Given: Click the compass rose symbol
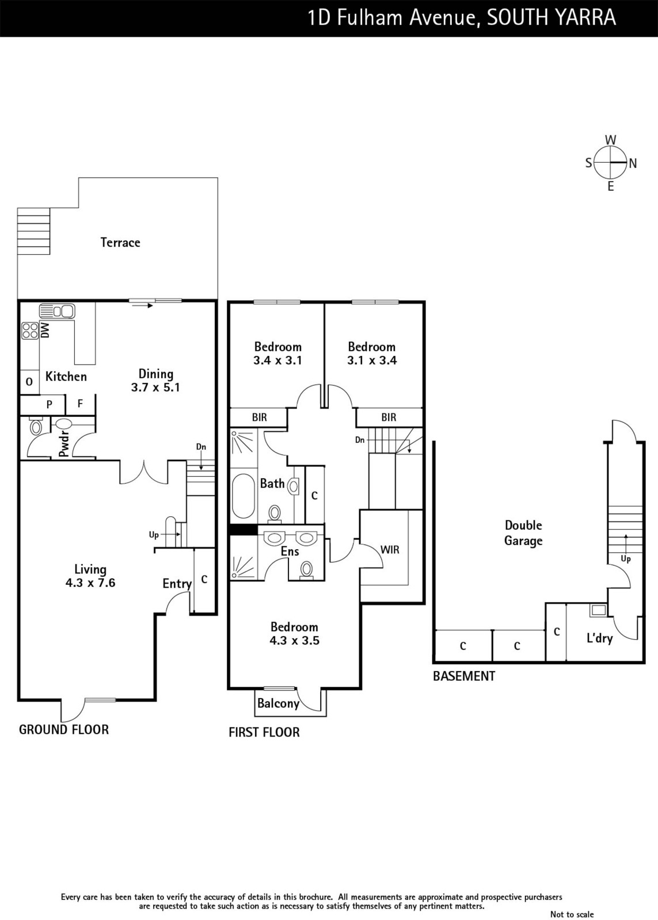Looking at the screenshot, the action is (x=611, y=163).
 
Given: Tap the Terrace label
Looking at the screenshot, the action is (x=120, y=242).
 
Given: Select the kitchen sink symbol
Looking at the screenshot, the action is (x=57, y=311).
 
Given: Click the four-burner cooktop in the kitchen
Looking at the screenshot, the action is (x=30, y=331).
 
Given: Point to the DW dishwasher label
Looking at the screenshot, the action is (x=45, y=330).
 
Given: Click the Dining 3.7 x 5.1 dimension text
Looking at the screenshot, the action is (x=155, y=380).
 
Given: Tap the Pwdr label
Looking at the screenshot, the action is (x=64, y=444).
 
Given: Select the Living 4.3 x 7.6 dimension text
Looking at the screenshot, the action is (x=90, y=576).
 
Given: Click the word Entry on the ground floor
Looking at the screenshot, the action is (x=177, y=584).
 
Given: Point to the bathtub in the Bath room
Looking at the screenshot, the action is (x=244, y=497).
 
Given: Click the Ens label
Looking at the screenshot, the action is (x=290, y=551).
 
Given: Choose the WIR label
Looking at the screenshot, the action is (x=390, y=550).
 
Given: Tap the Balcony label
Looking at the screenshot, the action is (x=278, y=704).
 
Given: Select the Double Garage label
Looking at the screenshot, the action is (x=523, y=532).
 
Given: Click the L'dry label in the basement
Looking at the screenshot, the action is (x=600, y=638).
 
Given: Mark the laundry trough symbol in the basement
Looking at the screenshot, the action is (x=598, y=610).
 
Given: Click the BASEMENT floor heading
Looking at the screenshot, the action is (x=464, y=676).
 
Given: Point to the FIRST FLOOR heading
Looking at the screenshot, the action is (x=264, y=733).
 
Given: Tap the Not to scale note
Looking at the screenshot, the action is (x=572, y=914).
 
